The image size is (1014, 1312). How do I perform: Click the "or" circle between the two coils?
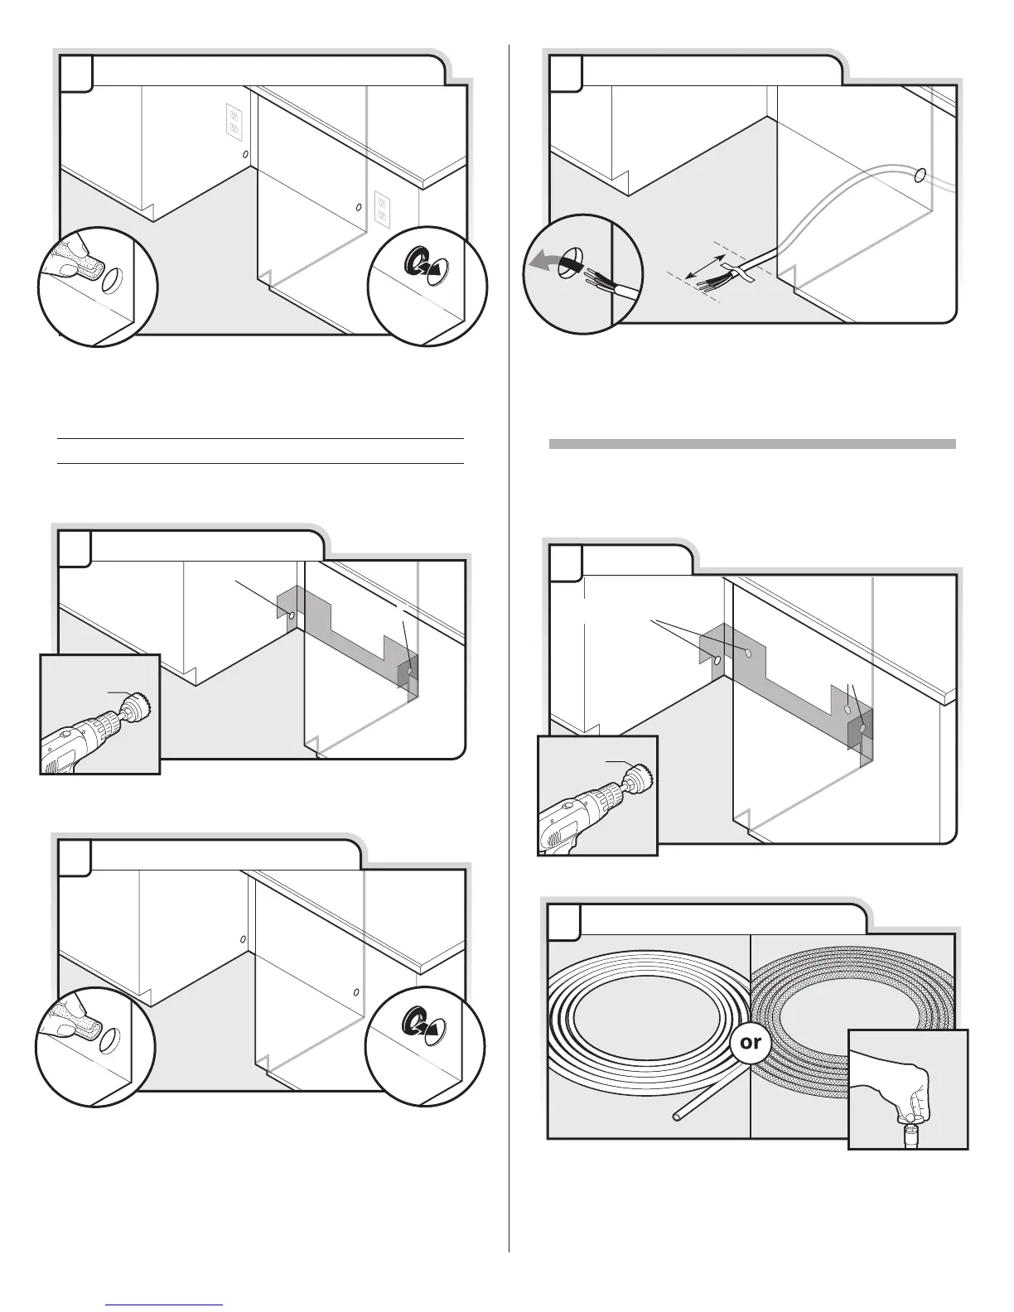750,1042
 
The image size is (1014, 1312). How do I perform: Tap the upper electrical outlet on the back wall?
234,121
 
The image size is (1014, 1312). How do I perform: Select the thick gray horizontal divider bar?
752,444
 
